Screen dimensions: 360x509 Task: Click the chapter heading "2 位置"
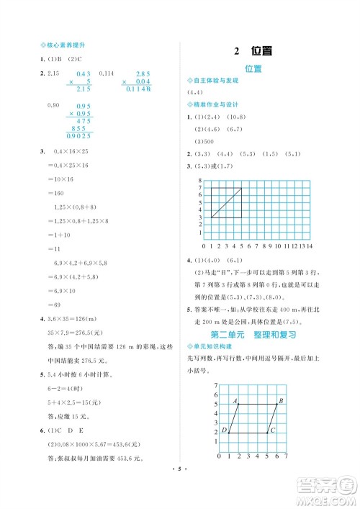pos(252,51)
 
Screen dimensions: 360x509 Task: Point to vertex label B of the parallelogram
pos(282,400)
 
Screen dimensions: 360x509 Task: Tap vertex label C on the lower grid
pos(272,431)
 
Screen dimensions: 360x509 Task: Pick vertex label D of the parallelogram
pos(224,431)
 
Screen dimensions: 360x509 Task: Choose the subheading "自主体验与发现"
pos(214,81)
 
